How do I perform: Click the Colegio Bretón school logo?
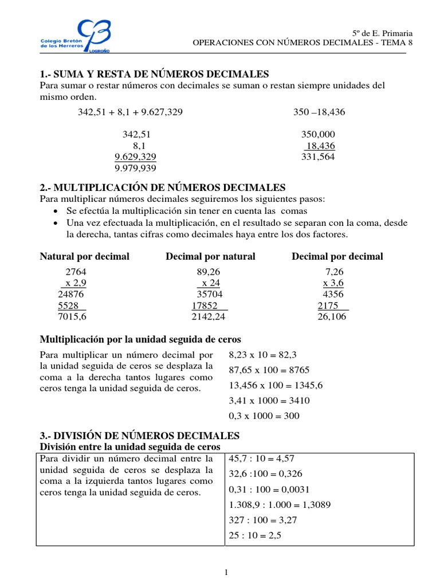tap(75, 36)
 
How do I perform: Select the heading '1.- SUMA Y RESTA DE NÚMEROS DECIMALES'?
tap(154, 75)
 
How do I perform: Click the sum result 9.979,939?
tap(136, 167)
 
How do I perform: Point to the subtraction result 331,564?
tap(318, 156)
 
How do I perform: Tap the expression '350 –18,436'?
tap(319, 112)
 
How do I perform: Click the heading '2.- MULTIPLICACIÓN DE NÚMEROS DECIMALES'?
tap(162, 187)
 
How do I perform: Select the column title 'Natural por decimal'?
tap(84, 256)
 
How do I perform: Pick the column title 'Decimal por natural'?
tap(210, 256)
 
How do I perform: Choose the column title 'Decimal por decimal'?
tap(337, 256)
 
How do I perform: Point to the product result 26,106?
tap(332, 316)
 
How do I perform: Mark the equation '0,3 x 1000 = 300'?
tap(264, 416)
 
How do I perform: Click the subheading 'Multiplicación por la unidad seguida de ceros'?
tap(140, 339)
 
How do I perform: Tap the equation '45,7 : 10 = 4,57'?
tap(262, 459)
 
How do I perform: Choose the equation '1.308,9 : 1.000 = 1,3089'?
tap(280, 505)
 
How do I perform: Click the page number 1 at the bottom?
tap(226, 572)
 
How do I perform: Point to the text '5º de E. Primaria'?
tap(382, 34)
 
